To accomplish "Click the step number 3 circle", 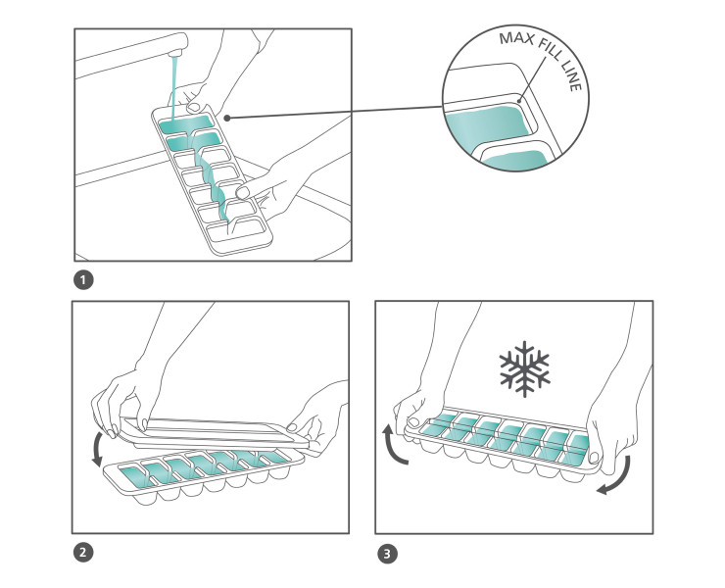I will point(388,554).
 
